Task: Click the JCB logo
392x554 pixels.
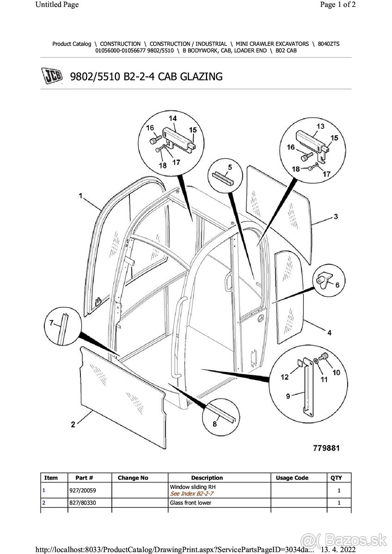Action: (x=52, y=76)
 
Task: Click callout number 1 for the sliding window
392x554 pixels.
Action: (x=80, y=196)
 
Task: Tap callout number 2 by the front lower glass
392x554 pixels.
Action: (x=73, y=424)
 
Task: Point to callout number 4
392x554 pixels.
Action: (x=329, y=333)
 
